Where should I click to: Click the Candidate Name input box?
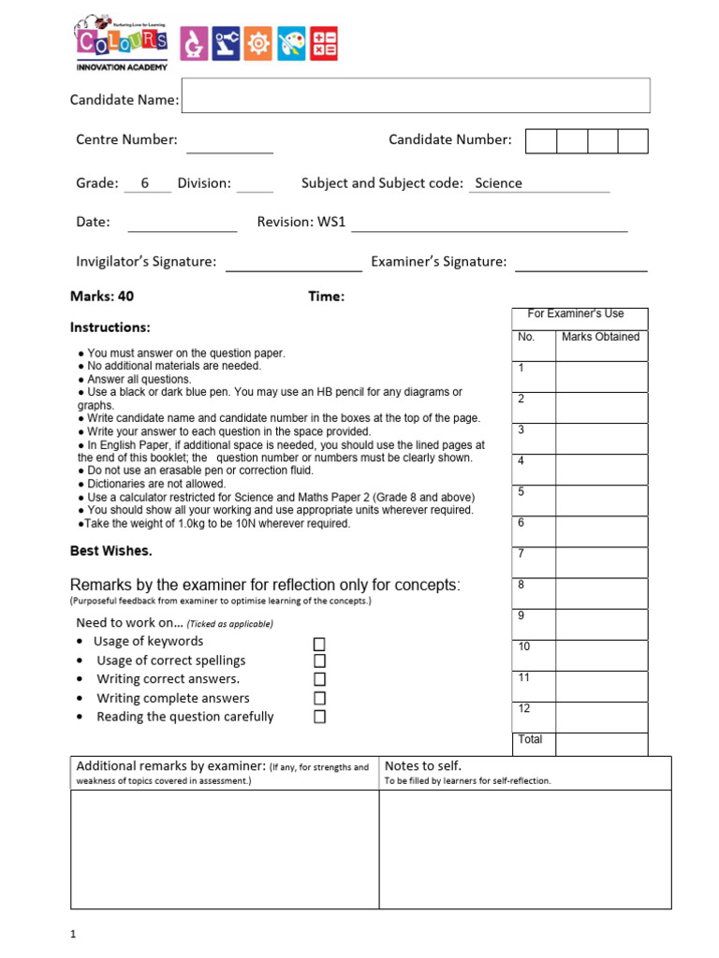click(x=415, y=95)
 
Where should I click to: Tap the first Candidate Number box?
click(x=541, y=141)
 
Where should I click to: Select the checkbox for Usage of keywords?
click(x=319, y=644)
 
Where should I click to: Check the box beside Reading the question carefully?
click(x=319, y=717)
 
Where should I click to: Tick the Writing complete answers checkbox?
click(x=319, y=698)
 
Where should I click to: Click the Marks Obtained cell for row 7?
click(x=601, y=562)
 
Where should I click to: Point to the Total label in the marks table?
click(x=530, y=739)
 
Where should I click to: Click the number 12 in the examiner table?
click(x=524, y=709)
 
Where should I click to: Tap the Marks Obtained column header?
click(x=600, y=337)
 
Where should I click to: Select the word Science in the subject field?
click(x=498, y=183)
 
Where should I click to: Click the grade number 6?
click(x=145, y=183)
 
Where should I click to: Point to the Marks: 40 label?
click(x=102, y=297)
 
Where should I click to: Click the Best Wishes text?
click(x=110, y=550)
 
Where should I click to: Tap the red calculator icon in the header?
click(x=324, y=43)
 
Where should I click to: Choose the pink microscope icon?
click(x=194, y=43)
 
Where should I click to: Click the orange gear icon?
click(x=258, y=43)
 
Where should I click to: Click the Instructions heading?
click(x=110, y=327)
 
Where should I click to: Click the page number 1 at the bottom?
click(x=73, y=934)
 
